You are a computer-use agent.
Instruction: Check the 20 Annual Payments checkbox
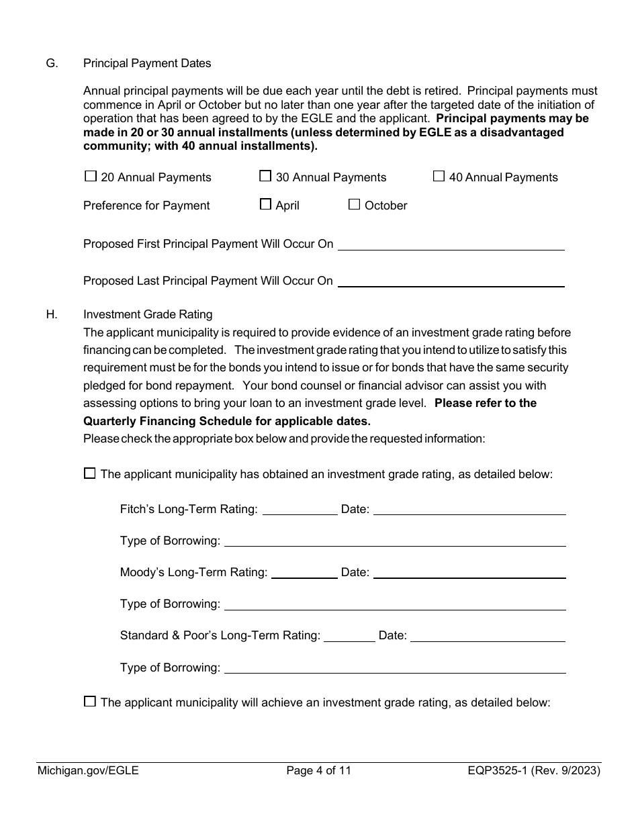pyautogui.click(x=91, y=177)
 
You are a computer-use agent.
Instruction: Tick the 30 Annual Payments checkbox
pyautogui.click(x=265, y=177)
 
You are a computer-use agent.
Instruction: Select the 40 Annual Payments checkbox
pyautogui.click(x=439, y=177)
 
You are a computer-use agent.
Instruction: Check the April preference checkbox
pyautogui.click(x=265, y=205)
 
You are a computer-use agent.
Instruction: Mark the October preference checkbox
pyautogui.click(x=354, y=205)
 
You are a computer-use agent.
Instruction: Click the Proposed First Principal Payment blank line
pyautogui.click(x=451, y=244)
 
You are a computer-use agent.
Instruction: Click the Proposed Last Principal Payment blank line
pyautogui.click(x=451, y=281)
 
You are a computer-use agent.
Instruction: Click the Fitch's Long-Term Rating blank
pyautogui.click(x=300, y=510)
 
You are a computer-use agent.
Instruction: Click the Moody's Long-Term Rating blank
pyautogui.click(x=304, y=573)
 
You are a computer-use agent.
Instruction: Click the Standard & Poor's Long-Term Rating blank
pyautogui.click(x=349, y=636)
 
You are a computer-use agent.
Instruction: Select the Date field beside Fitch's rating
pyautogui.click(x=469, y=510)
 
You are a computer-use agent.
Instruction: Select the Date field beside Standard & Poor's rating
pyautogui.click(x=488, y=636)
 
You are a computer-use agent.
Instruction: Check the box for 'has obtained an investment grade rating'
pyautogui.click(x=90, y=473)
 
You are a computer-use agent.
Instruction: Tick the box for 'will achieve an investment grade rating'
pyautogui.click(x=90, y=702)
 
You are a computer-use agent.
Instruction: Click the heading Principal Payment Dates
pyautogui.click(x=147, y=63)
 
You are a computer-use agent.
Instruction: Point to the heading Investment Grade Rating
pyautogui.click(x=148, y=314)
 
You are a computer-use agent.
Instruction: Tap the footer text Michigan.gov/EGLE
pyautogui.click(x=88, y=771)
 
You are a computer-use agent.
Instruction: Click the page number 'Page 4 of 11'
pyautogui.click(x=318, y=771)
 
